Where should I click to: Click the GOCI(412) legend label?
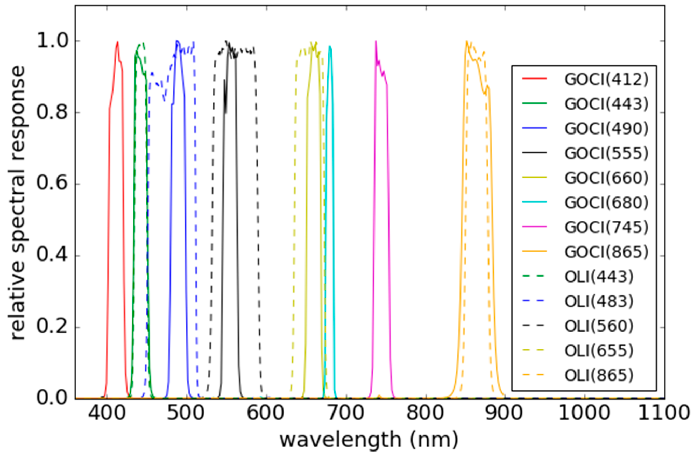coord(606,80)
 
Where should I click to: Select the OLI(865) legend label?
coord(599,376)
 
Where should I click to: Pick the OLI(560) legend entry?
coord(599,326)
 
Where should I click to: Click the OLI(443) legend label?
coord(599,277)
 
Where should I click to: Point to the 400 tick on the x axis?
coord(107,414)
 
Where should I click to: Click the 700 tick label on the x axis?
coord(346,414)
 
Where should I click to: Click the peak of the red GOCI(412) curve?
coord(118,42)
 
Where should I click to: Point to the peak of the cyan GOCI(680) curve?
coord(330,46)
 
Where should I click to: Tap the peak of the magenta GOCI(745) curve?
coord(376,41)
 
